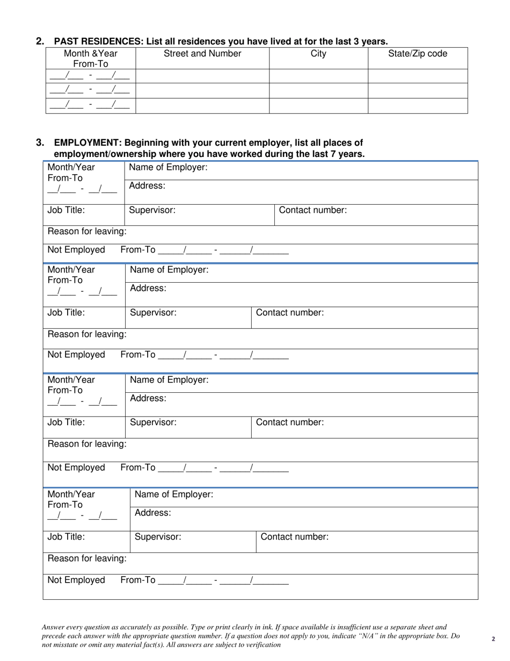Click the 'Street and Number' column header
[x=202, y=54]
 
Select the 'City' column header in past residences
[x=318, y=54]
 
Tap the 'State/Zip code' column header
[x=418, y=54]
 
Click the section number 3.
[x=40, y=143]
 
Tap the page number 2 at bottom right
[x=493, y=639]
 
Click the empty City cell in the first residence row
[x=318, y=76]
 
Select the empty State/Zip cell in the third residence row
[x=418, y=106]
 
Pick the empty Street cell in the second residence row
[x=202, y=90]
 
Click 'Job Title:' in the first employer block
[x=66, y=210]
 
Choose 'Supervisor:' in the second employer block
[x=153, y=312]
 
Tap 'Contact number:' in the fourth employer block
[x=294, y=536]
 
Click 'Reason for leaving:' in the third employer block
[x=88, y=444]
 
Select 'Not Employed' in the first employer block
[x=76, y=249]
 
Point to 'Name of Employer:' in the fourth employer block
[x=174, y=494]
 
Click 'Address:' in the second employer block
[x=148, y=288]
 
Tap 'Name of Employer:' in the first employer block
[x=168, y=167]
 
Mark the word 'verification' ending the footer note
[x=262, y=644]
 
